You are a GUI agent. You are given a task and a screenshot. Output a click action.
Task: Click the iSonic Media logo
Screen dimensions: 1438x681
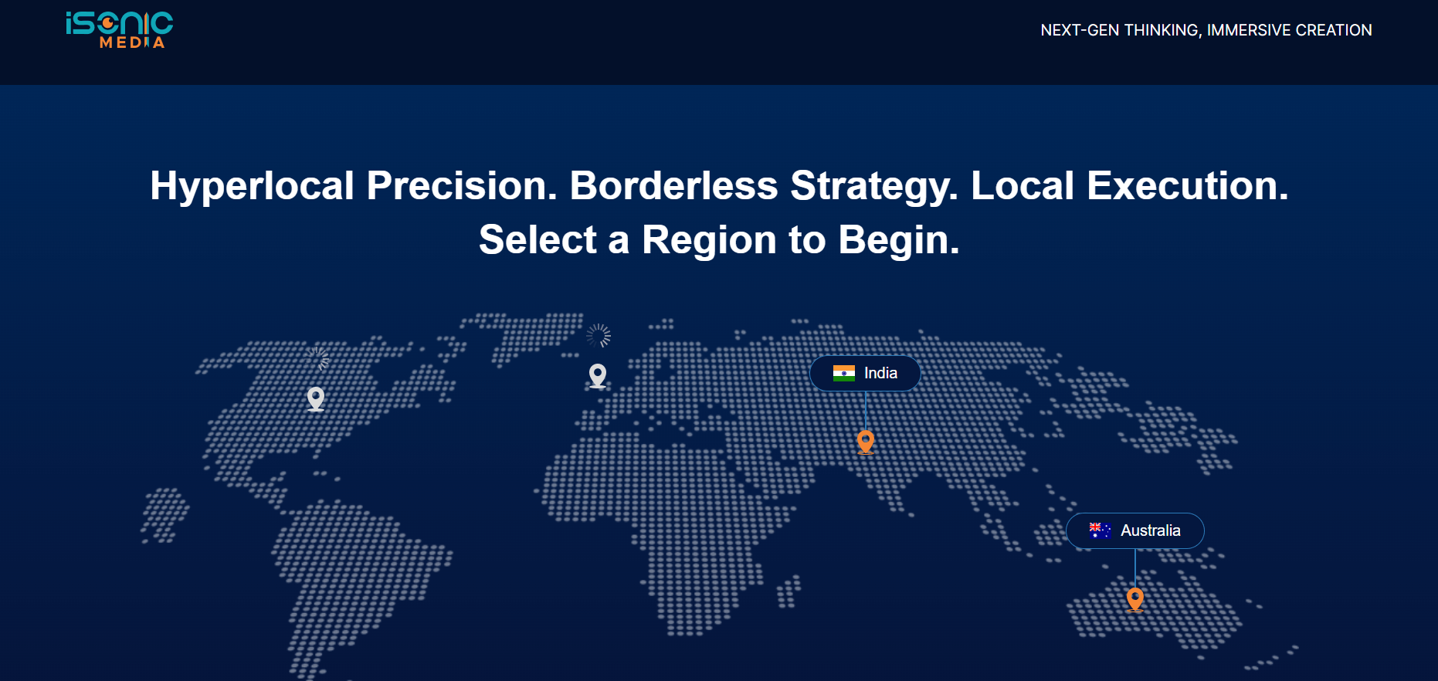coord(120,30)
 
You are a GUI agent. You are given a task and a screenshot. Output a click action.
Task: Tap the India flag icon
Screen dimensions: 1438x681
coord(844,374)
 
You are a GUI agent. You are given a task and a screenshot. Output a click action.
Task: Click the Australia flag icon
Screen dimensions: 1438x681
coord(1101,530)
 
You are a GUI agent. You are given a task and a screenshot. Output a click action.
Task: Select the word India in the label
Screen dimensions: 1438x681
coord(880,374)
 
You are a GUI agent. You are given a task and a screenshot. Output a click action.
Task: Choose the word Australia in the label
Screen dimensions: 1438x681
coord(1151,530)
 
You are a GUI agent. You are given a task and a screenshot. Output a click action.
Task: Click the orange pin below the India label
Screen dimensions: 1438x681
coord(866,442)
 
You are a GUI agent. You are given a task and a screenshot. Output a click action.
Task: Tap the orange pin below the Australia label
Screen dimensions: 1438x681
coord(1135,599)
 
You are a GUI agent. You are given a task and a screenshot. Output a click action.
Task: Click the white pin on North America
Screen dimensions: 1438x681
coord(316,398)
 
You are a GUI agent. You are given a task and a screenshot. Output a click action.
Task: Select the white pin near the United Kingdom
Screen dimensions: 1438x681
coord(598,375)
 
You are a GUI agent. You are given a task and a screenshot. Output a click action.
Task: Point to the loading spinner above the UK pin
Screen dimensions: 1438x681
coord(598,336)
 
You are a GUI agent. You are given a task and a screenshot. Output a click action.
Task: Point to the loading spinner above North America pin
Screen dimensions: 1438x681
coord(317,358)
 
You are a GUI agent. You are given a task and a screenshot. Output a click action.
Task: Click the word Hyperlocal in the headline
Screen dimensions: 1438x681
coord(253,186)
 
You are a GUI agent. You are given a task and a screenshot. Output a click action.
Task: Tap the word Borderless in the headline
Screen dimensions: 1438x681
coord(673,186)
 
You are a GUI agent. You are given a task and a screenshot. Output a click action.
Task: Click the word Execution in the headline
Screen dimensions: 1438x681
coord(1188,186)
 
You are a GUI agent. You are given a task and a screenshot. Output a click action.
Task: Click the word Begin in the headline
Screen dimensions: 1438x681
coord(899,241)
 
